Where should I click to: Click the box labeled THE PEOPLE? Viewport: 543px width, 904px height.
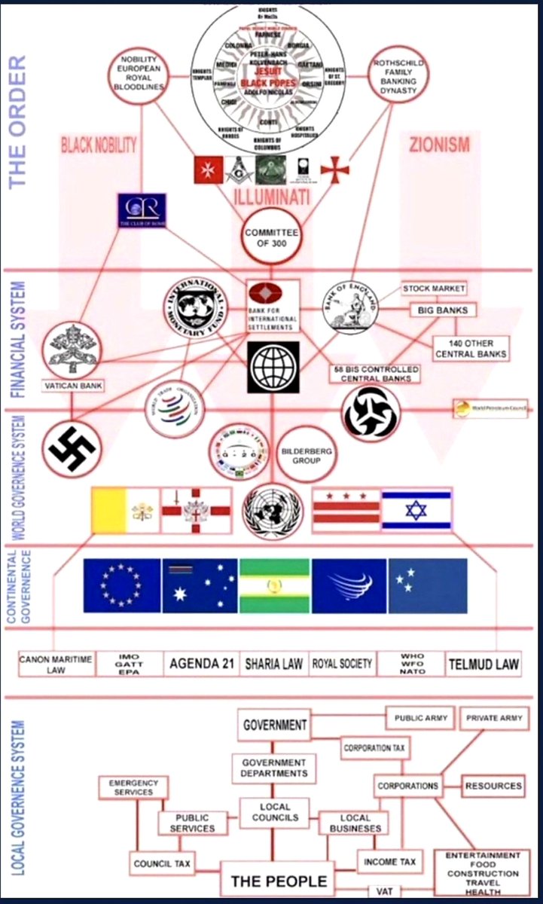279,881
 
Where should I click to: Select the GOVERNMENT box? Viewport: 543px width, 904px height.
275,725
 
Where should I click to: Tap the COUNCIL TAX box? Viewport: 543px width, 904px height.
162,863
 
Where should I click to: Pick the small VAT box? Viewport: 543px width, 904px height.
384,891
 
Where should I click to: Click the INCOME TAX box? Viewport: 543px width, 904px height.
390,861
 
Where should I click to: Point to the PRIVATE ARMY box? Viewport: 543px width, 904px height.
494,718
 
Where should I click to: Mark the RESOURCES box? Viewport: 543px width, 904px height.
493,786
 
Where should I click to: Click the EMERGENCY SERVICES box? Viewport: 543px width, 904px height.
133,787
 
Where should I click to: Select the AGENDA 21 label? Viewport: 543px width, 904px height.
201,664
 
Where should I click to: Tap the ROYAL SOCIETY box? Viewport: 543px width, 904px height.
342,664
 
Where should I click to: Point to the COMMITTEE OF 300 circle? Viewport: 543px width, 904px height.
270,238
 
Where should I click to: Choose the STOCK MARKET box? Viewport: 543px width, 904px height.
433,289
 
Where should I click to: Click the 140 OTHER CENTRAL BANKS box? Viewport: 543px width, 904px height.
470,349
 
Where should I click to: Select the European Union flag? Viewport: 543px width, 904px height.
122,585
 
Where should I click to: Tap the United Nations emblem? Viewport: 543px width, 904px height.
272,512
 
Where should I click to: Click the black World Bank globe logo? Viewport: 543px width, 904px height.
273,367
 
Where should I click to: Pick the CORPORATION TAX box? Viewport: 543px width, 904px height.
374,748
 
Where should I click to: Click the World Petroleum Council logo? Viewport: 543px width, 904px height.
490,408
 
